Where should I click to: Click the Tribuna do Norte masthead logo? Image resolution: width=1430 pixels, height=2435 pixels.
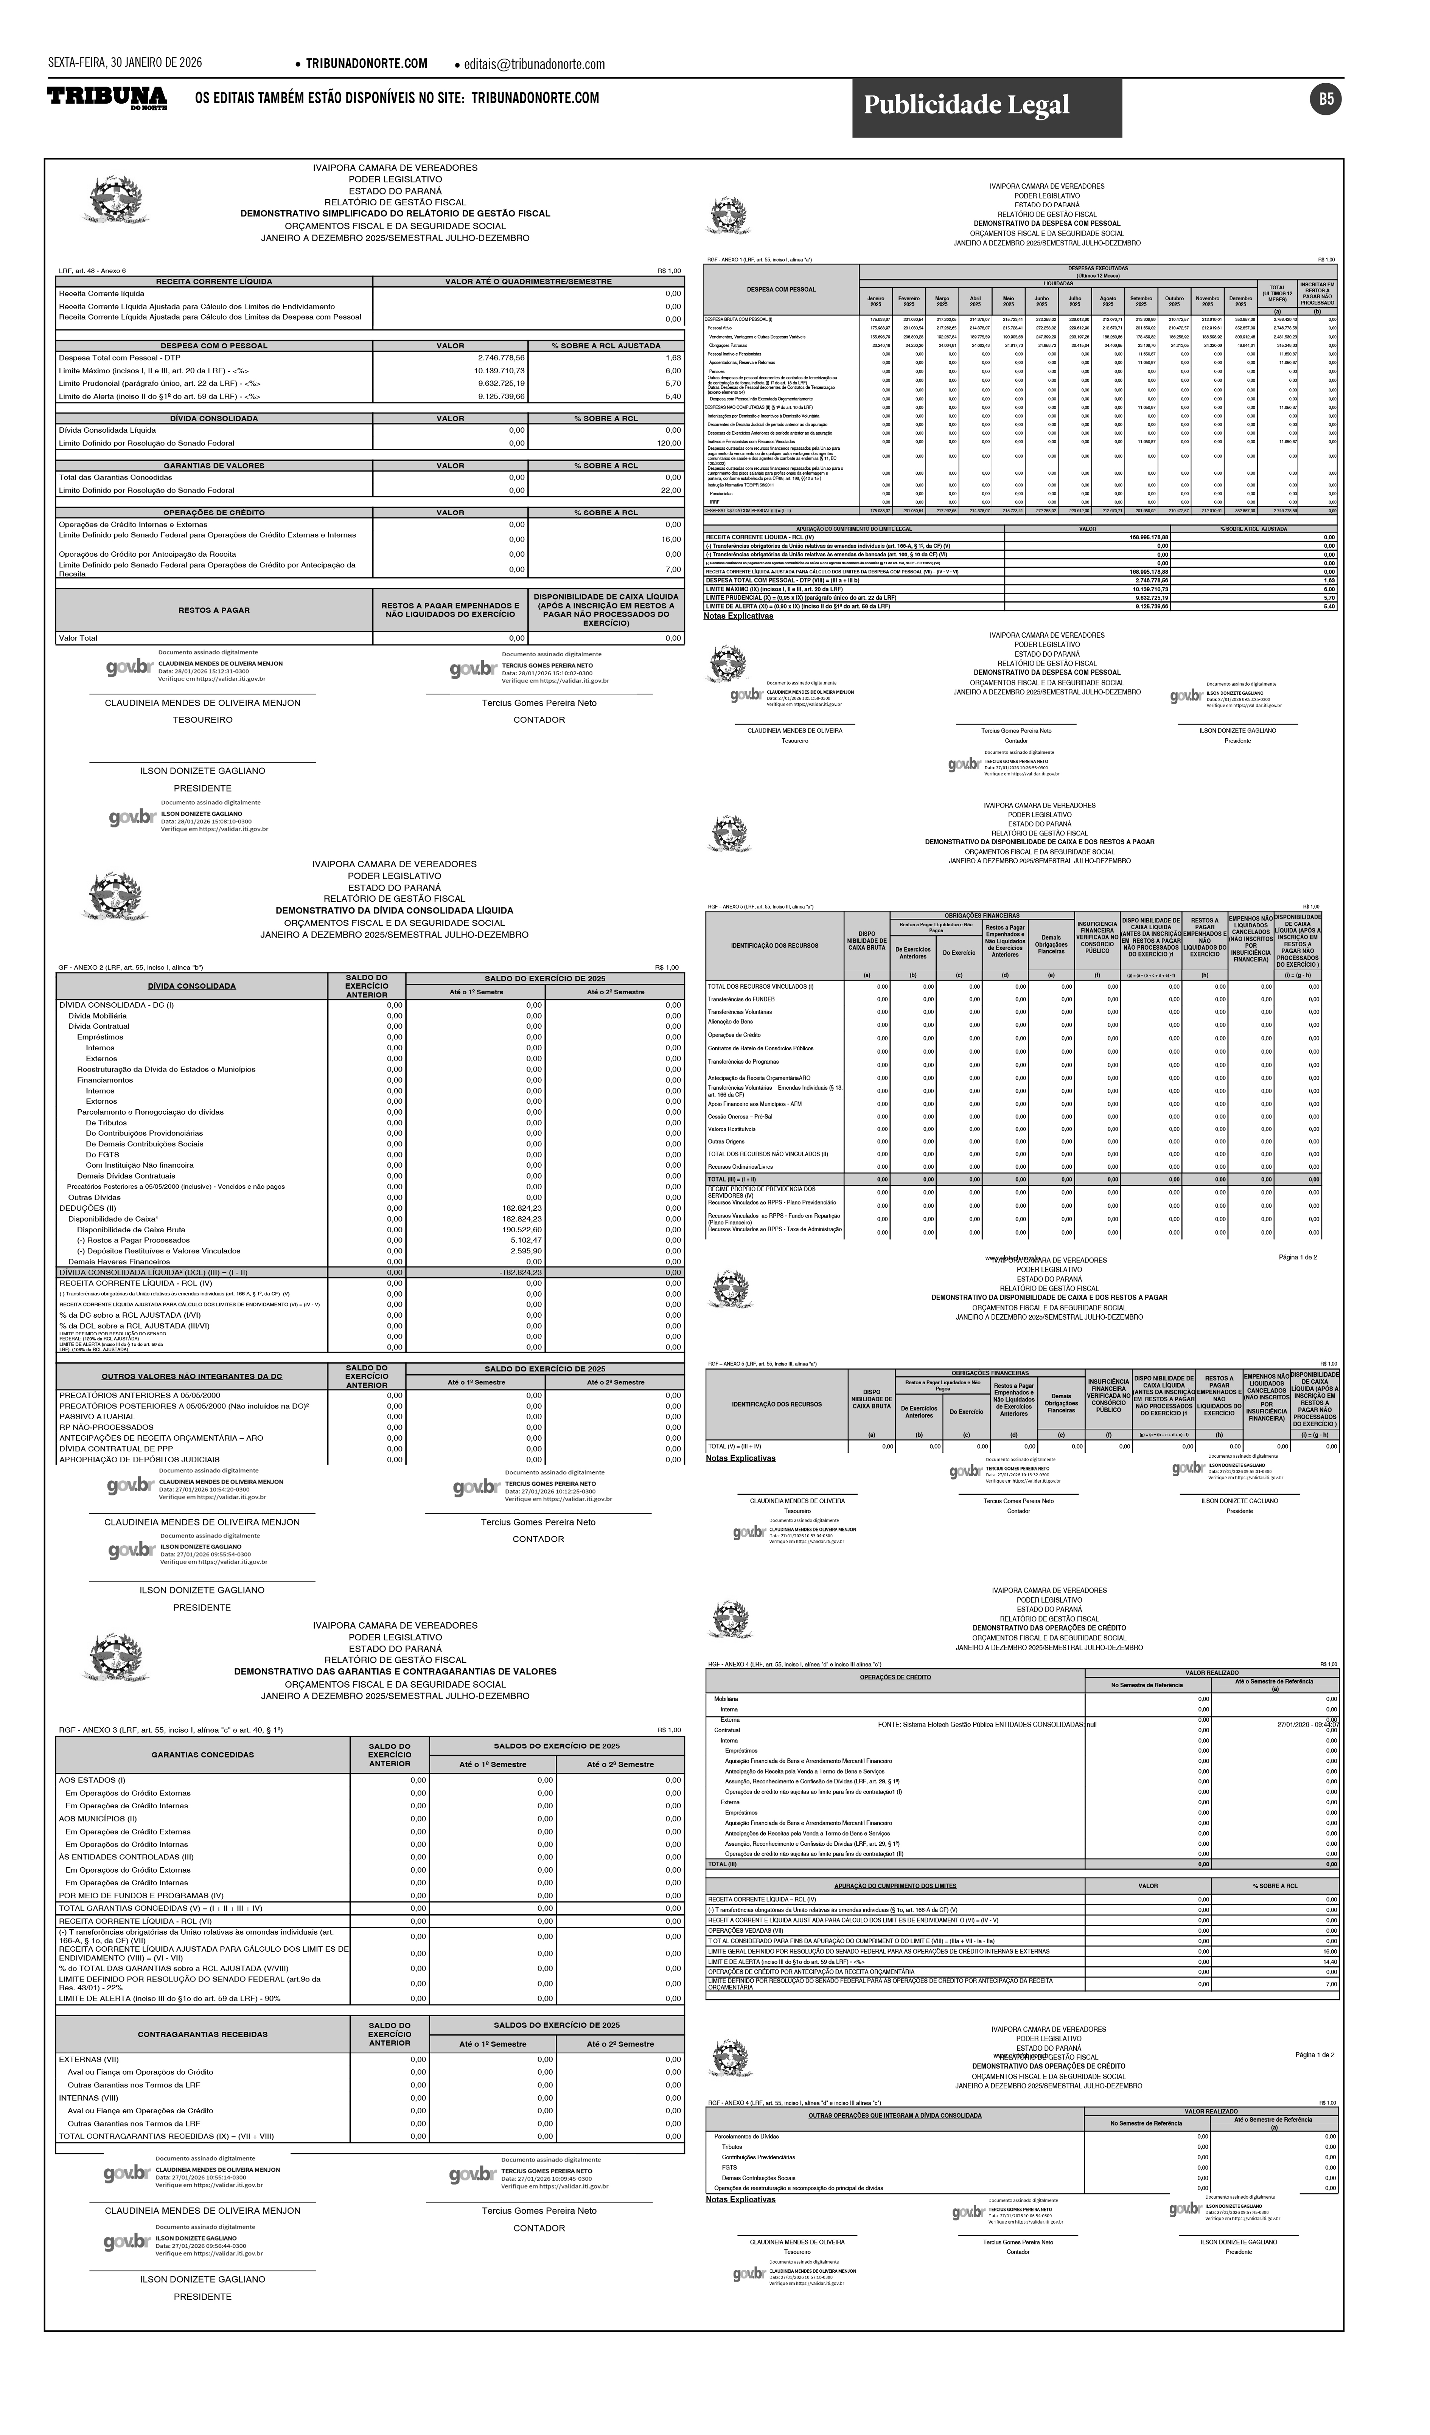pyautogui.click(x=107, y=98)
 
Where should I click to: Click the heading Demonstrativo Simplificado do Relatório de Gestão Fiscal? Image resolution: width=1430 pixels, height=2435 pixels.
pyautogui.click(x=395, y=214)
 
